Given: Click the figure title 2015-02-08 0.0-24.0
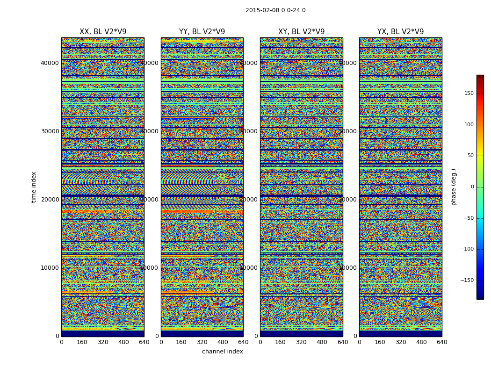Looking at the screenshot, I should pyautogui.click(x=275, y=10).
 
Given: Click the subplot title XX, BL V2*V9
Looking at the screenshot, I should pyautogui.click(x=103, y=32).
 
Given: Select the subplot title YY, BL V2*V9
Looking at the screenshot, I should pyautogui.click(x=202, y=32).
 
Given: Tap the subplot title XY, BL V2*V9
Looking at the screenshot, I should pyautogui.click(x=301, y=32).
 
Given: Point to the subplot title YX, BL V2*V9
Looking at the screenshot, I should pyautogui.click(x=400, y=32).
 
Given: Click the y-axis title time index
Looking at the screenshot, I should pyautogui.click(x=34, y=187).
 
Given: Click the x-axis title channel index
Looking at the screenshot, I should pyautogui.click(x=222, y=352).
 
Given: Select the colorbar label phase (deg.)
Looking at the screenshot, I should pyautogui.click(x=454, y=187).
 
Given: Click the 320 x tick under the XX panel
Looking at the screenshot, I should pyautogui.click(x=103, y=342).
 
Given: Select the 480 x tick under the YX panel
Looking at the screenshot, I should pyautogui.click(x=421, y=342).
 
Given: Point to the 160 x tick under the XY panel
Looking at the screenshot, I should pyautogui.click(x=281, y=342).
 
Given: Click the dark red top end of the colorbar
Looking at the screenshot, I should pyautogui.click(x=480, y=77).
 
